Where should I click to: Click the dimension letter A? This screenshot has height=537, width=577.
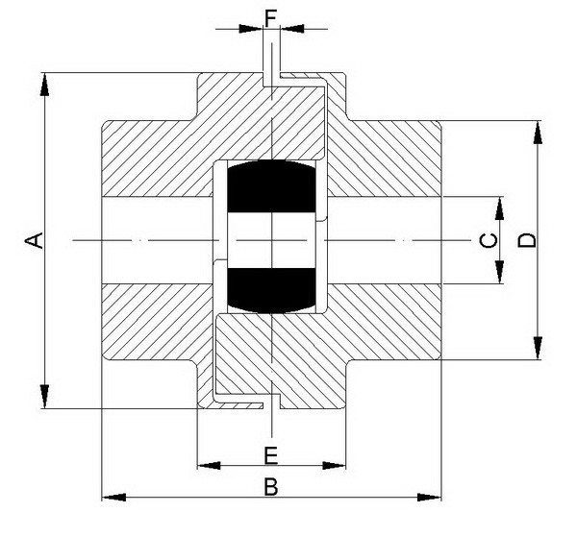(x=35, y=240)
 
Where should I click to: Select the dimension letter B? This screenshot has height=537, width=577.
(x=271, y=487)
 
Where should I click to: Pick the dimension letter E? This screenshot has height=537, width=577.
(x=271, y=453)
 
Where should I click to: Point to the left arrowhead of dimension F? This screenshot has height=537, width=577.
(x=254, y=29)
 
